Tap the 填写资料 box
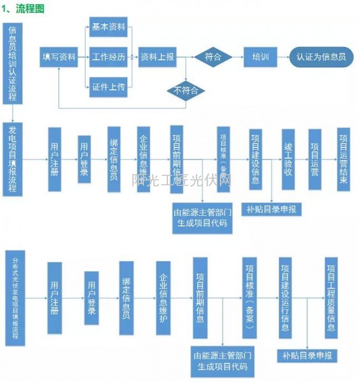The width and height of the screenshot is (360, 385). (59, 57)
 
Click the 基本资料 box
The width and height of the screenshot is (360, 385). (109, 27)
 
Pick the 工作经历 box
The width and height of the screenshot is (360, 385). (109, 57)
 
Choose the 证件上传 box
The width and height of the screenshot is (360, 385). (109, 87)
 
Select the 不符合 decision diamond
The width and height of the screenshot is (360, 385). (186, 90)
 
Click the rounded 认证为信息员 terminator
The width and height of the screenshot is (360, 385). (321, 57)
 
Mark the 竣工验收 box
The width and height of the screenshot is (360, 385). (288, 160)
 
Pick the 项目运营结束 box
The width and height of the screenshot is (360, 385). (344, 159)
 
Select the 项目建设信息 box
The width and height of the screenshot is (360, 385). (256, 159)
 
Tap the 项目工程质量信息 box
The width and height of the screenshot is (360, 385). (331, 297)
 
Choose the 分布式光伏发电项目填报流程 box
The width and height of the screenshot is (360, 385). (14, 298)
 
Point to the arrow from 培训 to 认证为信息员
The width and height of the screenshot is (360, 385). (282, 57)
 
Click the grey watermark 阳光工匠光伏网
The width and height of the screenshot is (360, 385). (183, 180)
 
